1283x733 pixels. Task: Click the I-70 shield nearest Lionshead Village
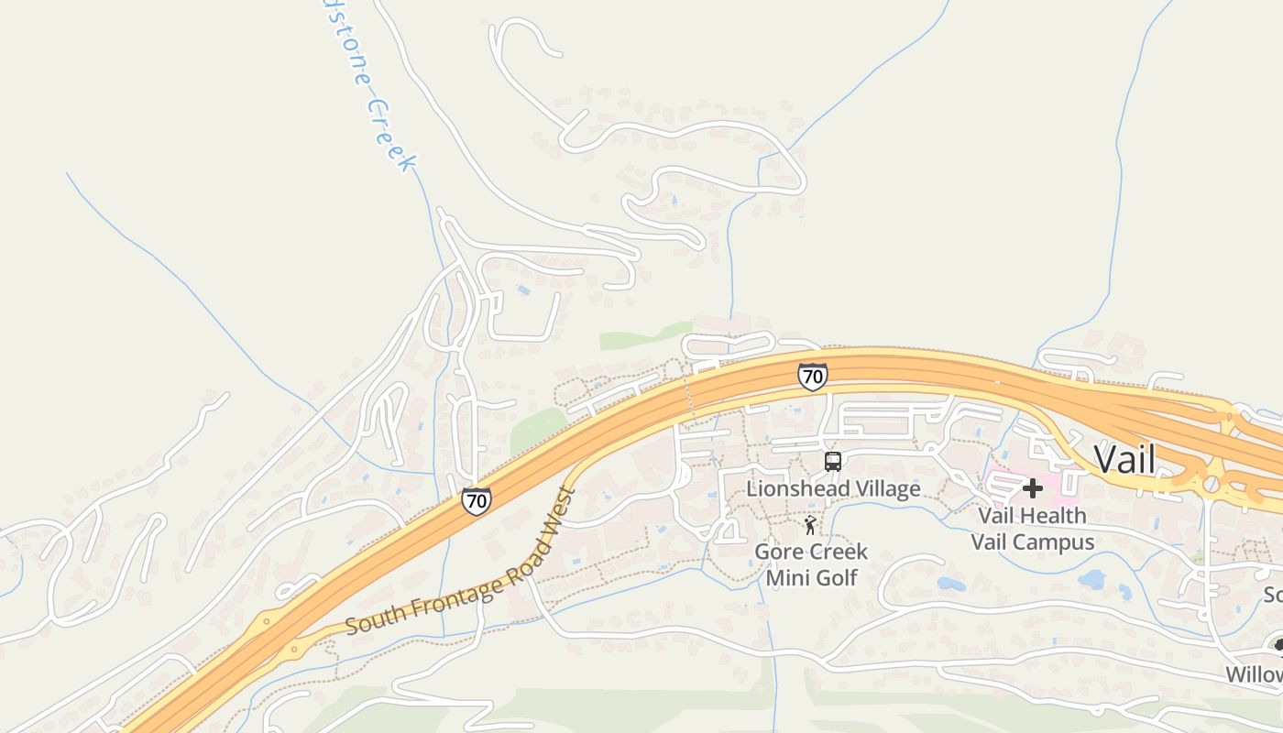click(x=812, y=377)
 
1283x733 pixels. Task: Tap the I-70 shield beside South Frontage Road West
click(x=476, y=500)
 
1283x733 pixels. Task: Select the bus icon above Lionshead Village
click(x=832, y=462)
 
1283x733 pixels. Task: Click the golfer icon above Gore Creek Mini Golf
click(x=809, y=525)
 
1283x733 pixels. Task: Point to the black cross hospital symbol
click(x=1033, y=487)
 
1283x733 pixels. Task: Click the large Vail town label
click(x=1124, y=459)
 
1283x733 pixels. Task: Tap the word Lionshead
click(x=794, y=488)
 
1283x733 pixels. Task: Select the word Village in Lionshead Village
click(x=883, y=488)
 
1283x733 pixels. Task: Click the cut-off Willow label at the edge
click(x=1256, y=674)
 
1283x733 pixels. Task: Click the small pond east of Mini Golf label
click(x=951, y=583)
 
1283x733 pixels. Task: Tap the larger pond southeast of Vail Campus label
click(x=1092, y=579)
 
